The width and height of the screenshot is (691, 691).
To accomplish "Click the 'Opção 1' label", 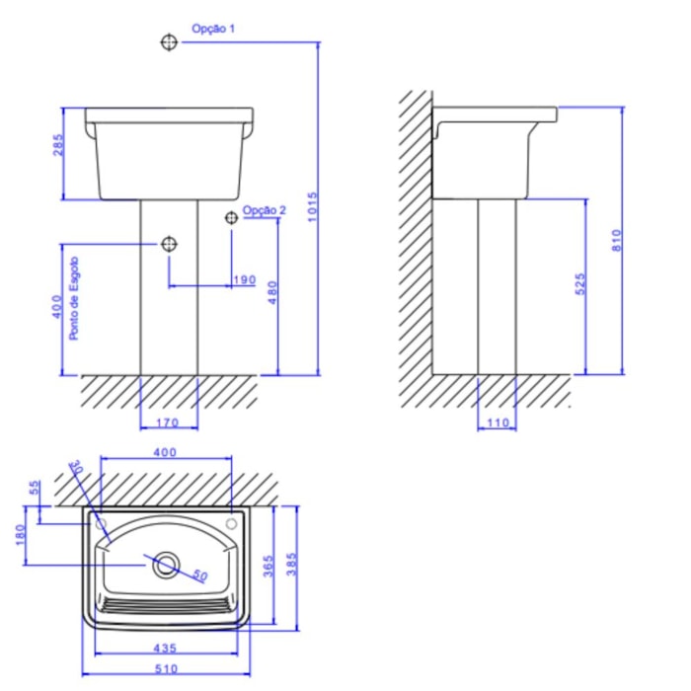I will [213, 30].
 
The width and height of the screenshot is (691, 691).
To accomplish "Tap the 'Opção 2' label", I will [264, 210].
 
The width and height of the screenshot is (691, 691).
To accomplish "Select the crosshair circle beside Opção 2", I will [231, 217].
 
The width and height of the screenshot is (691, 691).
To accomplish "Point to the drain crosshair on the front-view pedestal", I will [169, 244].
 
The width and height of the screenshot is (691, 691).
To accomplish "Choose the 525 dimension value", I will [580, 284].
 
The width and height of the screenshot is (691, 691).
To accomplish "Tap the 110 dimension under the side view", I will [496, 425].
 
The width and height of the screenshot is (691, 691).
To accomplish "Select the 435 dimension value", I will [165, 649].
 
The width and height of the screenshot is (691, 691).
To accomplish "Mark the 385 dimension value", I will [290, 565].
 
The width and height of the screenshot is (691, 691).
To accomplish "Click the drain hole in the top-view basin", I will [167, 565].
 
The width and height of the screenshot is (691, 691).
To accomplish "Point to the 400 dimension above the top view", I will [165, 452].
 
